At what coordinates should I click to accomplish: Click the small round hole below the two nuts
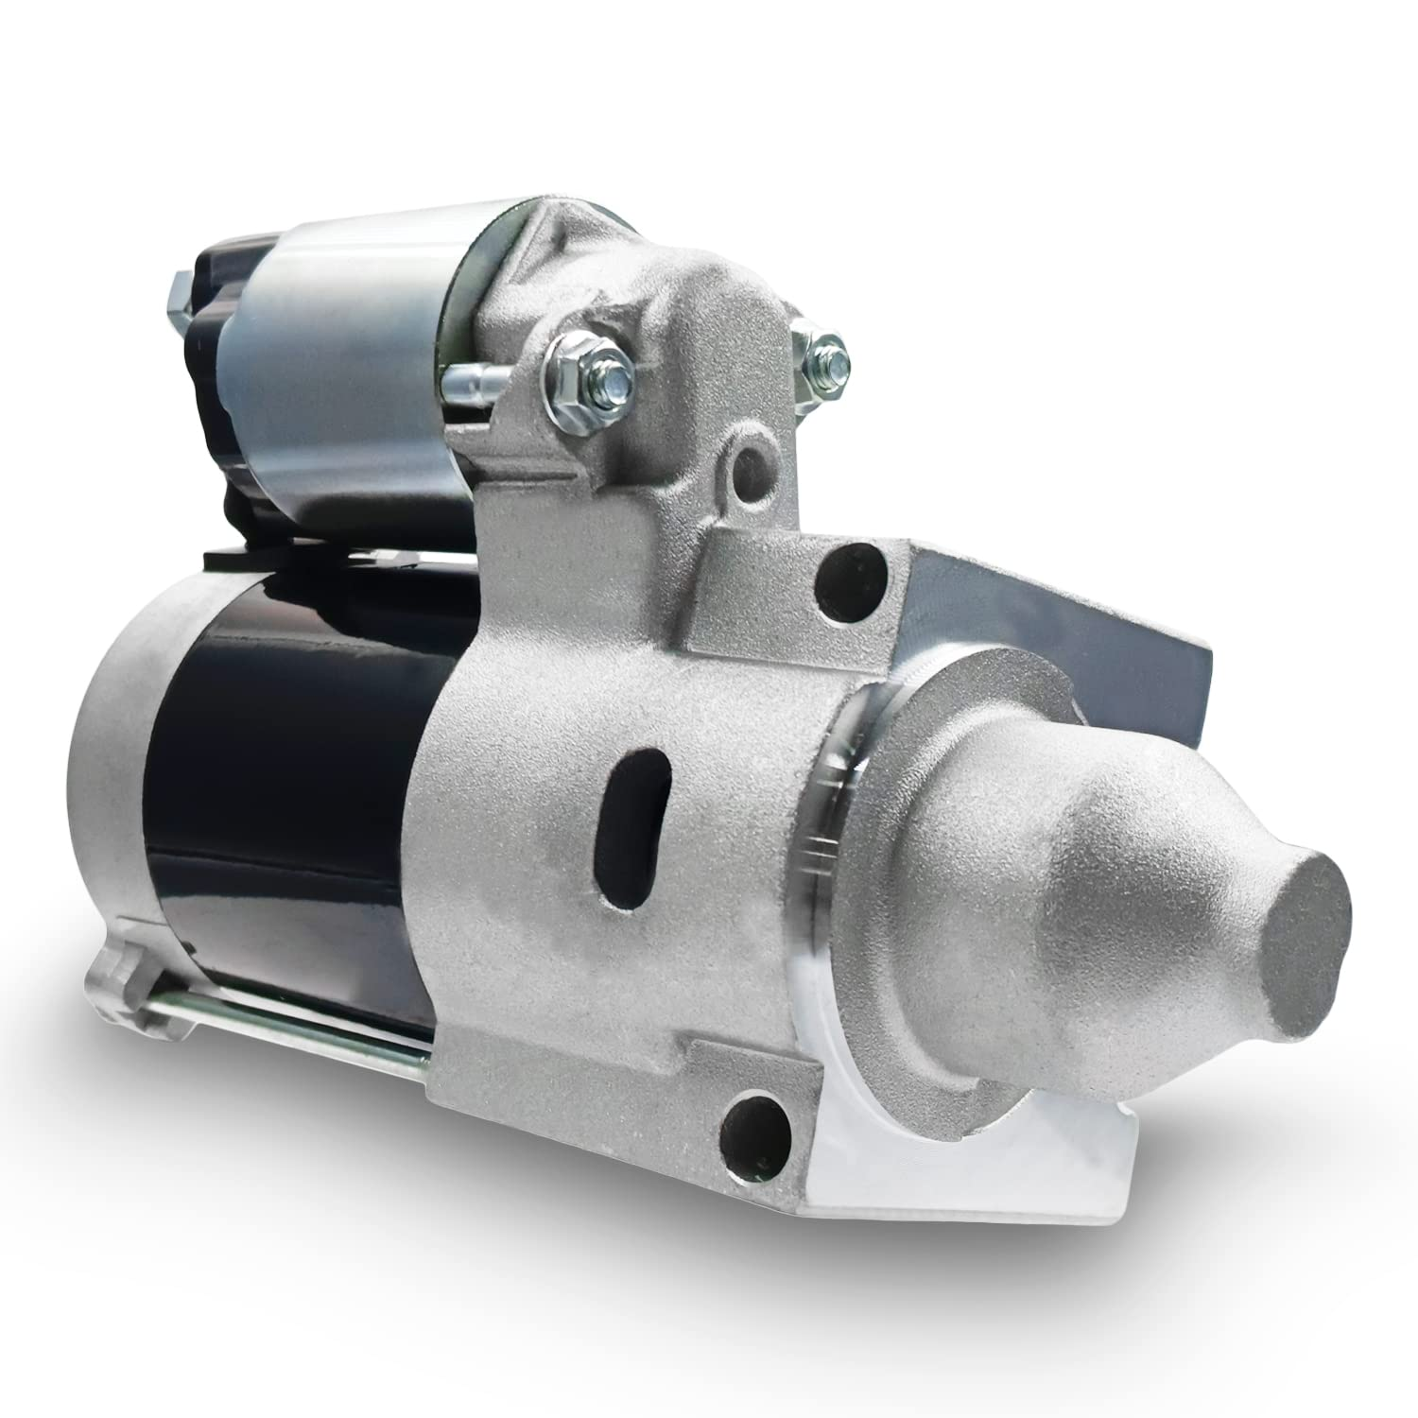coord(752,464)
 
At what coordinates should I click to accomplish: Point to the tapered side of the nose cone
coord(1087,851)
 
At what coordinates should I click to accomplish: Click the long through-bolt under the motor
coord(284,1048)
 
